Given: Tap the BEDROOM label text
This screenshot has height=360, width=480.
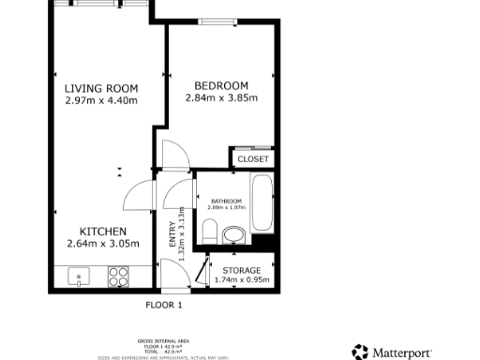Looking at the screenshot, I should [221, 83].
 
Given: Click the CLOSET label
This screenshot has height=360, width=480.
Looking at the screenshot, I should [253, 159].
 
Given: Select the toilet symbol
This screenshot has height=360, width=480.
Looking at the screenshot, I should [210, 232].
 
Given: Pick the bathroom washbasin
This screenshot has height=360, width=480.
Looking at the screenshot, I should [233, 233].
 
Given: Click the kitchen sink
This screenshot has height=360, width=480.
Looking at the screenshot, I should [79, 277].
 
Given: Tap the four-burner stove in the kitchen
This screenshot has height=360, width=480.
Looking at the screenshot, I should [119, 277].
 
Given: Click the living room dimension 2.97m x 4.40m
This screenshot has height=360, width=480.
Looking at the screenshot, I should [101, 100].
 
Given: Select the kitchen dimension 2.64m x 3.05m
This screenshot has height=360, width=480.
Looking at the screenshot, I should [102, 244].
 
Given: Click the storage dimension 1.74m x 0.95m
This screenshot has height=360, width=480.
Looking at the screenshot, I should [242, 279].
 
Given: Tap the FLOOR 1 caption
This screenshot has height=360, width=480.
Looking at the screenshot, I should [163, 305].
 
